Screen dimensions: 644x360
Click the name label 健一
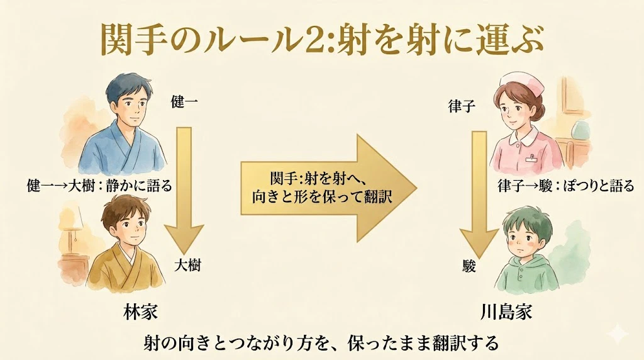(184, 101)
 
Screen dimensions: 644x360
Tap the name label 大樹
(187, 265)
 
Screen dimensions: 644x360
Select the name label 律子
(462, 106)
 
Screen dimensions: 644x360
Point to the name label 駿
(469, 266)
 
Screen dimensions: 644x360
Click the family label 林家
(140, 312)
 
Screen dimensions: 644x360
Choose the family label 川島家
(506, 312)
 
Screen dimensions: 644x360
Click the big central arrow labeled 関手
(328, 188)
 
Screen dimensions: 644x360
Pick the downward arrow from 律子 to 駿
(479, 194)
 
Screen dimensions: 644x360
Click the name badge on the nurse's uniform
(533, 157)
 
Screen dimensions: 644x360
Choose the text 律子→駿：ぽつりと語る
(566, 186)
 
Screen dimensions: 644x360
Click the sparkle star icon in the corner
(618, 335)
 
